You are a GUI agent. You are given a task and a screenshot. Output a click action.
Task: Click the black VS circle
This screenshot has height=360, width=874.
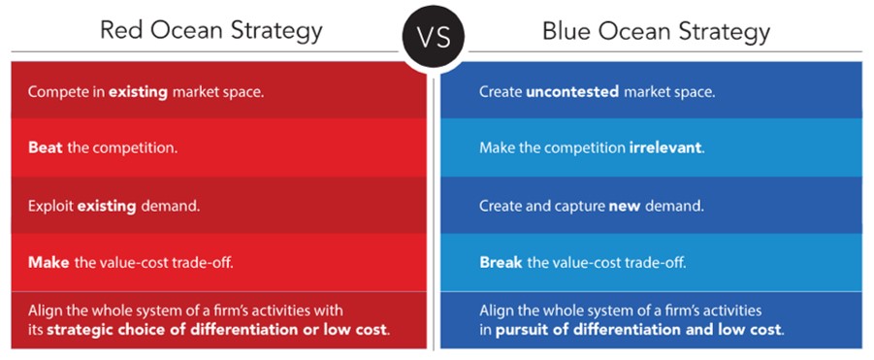(x=433, y=38)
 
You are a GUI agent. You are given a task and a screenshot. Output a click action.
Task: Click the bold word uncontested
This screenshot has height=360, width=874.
(x=572, y=92)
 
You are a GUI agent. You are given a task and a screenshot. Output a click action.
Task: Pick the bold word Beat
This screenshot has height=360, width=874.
(x=46, y=148)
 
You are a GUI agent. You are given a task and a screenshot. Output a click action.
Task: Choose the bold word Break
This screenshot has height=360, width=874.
(x=501, y=262)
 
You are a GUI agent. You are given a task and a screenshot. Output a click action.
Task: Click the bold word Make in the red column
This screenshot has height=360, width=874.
(x=48, y=262)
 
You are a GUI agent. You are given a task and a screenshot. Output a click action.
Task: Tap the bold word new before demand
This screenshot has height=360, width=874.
(x=623, y=206)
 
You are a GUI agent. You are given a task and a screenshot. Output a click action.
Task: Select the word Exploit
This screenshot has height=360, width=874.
(x=50, y=206)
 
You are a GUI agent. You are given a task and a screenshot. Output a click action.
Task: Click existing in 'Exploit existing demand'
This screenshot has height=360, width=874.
(x=107, y=206)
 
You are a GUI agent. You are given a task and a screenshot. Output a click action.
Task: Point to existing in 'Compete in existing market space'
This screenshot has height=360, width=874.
(x=139, y=92)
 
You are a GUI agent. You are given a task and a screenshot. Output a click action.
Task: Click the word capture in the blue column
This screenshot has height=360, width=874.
(x=581, y=207)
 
